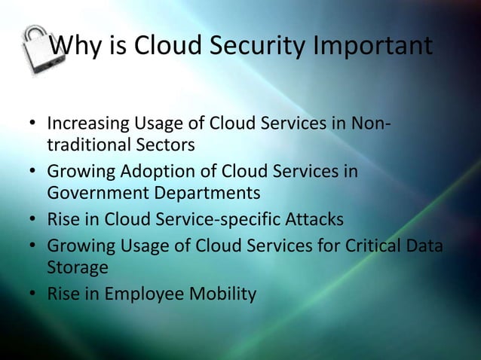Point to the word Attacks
[x=314, y=220]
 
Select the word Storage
[x=78, y=267]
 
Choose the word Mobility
[x=225, y=294]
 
